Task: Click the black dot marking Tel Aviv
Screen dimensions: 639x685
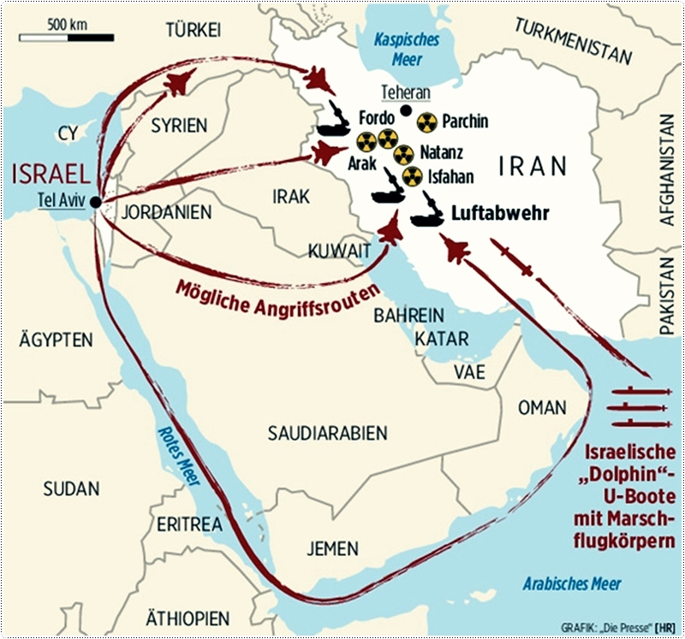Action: point(94,202)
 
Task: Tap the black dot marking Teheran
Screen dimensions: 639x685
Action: point(405,109)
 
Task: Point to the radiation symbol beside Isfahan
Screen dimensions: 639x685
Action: point(413,176)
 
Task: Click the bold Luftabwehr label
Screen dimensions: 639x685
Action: point(498,214)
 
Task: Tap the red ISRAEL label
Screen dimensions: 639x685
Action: point(52,175)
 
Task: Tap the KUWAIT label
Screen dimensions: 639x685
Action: point(340,251)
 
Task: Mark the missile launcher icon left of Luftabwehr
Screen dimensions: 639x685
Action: point(426,217)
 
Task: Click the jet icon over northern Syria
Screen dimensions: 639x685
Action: point(176,83)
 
